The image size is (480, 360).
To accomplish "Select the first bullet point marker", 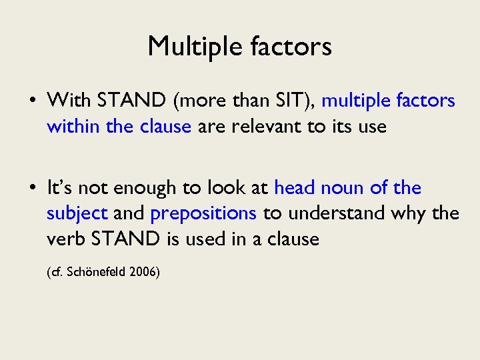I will (x=33, y=101).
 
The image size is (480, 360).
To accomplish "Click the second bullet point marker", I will (x=33, y=189).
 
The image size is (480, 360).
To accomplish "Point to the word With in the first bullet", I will (x=69, y=101).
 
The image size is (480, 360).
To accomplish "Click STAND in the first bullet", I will (x=133, y=101).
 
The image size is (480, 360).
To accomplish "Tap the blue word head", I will (x=294, y=188).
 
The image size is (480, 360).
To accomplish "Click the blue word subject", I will (x=77, y=213).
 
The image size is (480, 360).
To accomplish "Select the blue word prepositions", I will (x=203, y=213).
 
